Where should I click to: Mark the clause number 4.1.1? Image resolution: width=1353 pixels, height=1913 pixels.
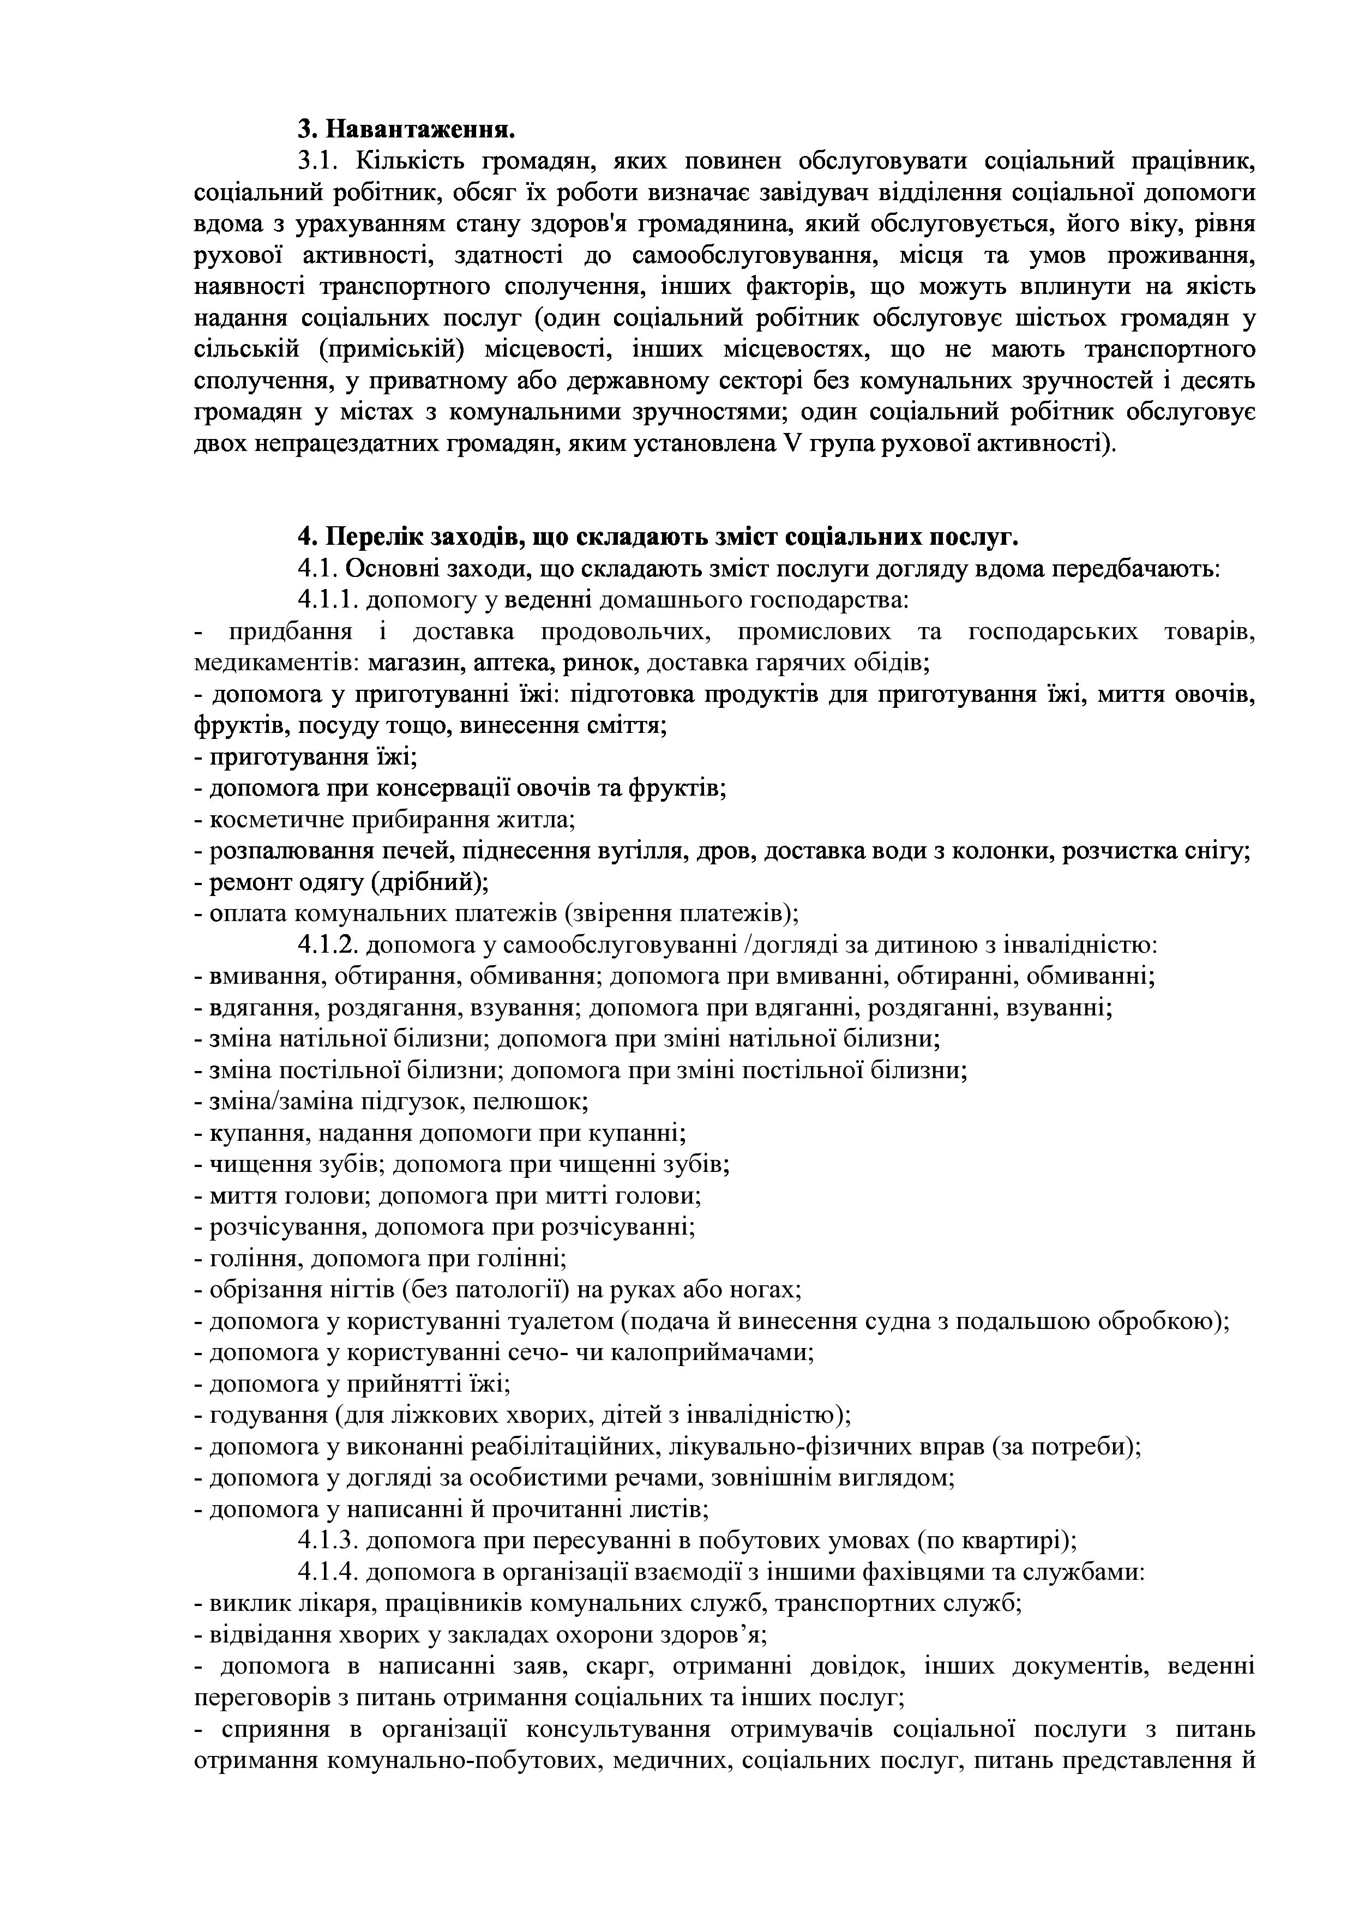pos(327,599)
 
